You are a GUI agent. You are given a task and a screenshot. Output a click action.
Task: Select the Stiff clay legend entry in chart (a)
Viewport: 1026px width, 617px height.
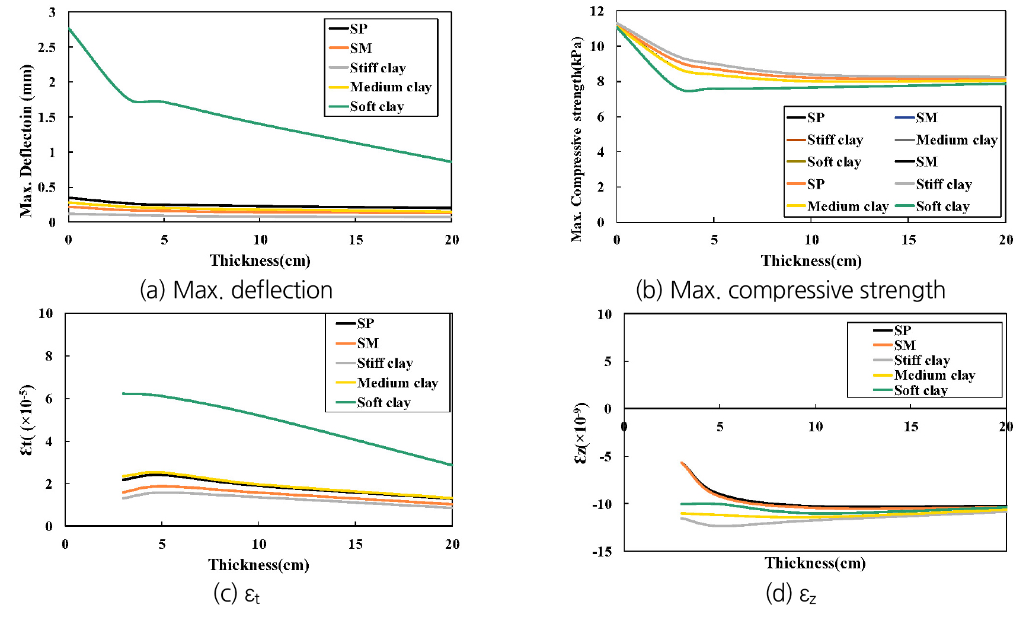pos(378,68)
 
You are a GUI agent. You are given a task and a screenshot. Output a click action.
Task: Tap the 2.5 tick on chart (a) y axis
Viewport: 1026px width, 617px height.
pos(47,47)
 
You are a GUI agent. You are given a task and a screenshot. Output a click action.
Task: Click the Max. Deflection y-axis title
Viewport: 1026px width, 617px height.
pos(26,141)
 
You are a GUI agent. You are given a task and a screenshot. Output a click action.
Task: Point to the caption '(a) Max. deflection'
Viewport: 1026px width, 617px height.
pos(236,290)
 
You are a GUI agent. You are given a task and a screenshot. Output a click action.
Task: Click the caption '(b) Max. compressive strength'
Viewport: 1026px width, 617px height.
pos(790,290)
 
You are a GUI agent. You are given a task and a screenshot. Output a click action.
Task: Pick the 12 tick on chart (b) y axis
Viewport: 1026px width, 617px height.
pos(597,11)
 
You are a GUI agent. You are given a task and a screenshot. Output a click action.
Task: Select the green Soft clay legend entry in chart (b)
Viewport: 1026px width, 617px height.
pos(942,206)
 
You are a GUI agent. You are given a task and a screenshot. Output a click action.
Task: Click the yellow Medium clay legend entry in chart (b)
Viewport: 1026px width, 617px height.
pos(847,206)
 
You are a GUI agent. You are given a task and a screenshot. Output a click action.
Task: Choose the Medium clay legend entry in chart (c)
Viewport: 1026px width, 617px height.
pos(397,383)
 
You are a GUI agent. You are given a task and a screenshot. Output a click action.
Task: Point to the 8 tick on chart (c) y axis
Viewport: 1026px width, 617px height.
pos(49,356)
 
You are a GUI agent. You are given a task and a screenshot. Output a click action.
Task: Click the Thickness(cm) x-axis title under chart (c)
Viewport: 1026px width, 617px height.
pos(259,565)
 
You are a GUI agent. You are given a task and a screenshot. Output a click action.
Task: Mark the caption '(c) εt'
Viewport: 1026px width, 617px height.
pos(236,594)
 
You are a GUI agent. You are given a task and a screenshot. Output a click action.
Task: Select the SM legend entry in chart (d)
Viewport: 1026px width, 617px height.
pos(904,345)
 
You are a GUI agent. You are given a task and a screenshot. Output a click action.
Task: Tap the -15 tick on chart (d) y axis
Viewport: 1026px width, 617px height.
pos(602,551)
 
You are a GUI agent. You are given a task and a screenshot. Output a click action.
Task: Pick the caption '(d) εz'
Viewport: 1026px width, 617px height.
pos(791,594)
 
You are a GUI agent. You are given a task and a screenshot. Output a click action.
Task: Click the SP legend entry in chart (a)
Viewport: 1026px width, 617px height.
pos(358,28)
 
